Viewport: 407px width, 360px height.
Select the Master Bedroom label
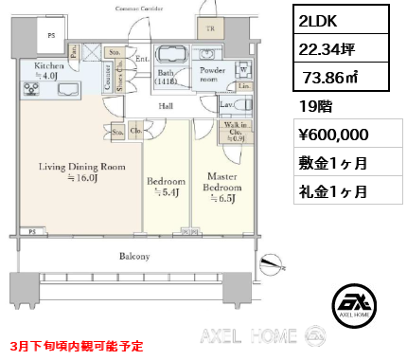[x=223, y=187]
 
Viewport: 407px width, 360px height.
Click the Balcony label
[x=134, y=257]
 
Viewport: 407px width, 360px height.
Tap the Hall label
[x=167, y=107]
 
